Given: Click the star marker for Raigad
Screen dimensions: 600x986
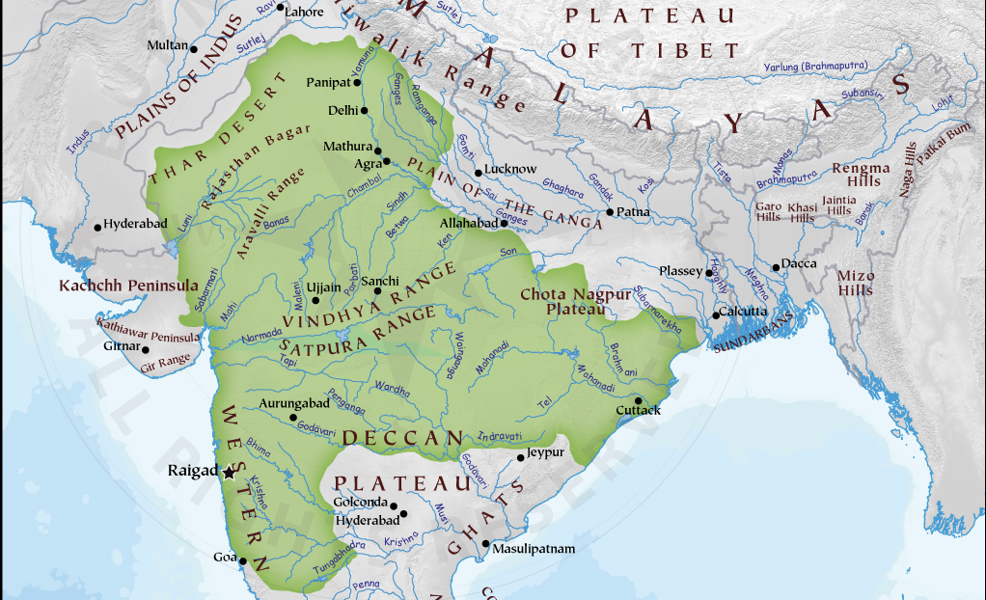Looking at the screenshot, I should coord(229,472).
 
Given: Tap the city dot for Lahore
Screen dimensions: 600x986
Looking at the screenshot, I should coord(281,8).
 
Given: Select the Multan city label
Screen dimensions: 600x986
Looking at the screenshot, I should coord(167,45).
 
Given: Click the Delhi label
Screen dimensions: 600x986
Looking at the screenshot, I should coord(342,110).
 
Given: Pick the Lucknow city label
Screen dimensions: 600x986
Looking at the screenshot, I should coord(510,169).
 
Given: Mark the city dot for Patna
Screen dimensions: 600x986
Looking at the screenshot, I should coord(610,212).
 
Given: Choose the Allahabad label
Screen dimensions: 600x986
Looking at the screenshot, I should coord(466,223).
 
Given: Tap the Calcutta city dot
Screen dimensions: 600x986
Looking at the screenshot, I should coord(716,314).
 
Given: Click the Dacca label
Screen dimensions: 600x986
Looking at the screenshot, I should coord(799,263).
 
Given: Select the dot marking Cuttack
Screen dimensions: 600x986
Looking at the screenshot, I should coord(638,399).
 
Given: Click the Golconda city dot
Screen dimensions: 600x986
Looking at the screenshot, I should coord(394,504).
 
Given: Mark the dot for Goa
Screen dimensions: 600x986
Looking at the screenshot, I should coord(243,560).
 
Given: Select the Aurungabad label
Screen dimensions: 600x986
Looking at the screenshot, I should coord(294,402).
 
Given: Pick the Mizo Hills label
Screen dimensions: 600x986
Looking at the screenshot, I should coord(855,283).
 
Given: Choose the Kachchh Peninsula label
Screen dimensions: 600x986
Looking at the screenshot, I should coord(128,286).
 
